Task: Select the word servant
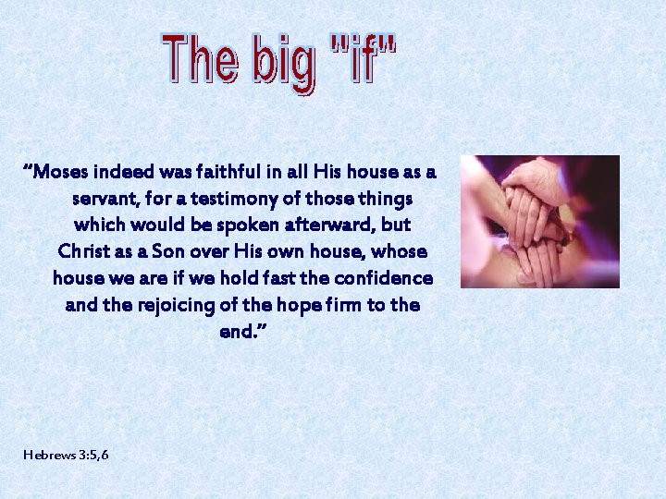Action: (104, 199)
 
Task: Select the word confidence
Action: (383, 278)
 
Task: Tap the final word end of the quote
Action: (239, 332)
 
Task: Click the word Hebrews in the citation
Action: (49, 456)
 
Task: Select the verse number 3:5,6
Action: (93, 456)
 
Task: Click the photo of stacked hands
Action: (540, 222)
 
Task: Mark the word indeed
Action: (123, 172)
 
